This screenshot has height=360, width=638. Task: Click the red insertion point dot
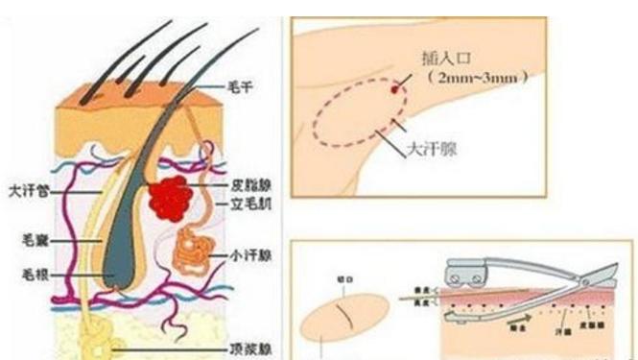(394, 88)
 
